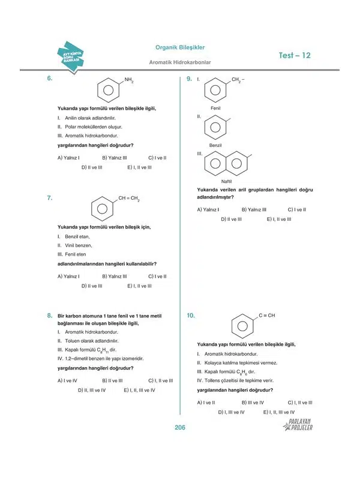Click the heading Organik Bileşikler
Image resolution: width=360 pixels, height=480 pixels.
click(x=180, y=47)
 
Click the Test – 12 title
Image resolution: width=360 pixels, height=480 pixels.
click(x=295, y=55)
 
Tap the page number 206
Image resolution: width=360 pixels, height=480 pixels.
click(x=180, y=427)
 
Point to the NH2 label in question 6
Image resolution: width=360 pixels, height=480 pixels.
click(x=128, y=80)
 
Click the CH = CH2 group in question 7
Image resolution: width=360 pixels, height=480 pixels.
click(x=128, y=198)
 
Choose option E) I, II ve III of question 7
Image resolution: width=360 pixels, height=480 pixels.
click(x=139, y=286)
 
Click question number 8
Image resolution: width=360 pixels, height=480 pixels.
click(x=49, y=315)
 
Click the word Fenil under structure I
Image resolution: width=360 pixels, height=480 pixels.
click(x=216, y=108)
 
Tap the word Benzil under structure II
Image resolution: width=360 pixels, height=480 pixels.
click(x=216, y=146)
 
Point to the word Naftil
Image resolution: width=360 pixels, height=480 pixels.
click(x=226, y=181)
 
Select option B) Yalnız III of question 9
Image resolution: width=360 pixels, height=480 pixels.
click(x=254, y=209)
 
